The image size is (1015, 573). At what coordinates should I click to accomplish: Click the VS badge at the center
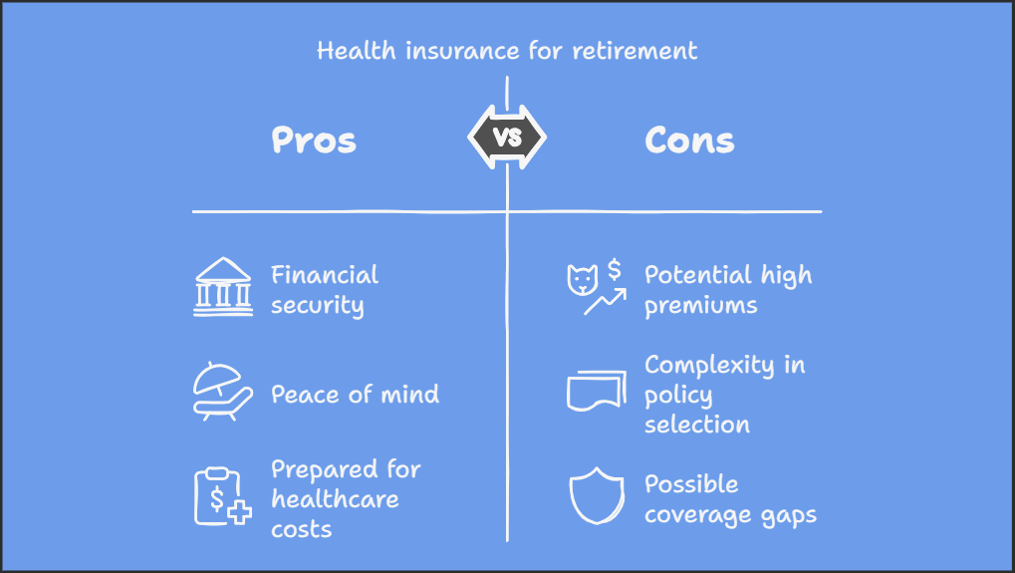click(x=507, y=138)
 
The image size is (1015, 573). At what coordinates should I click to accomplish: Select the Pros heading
click(x=314, y=140)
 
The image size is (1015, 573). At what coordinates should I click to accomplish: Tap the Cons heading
click(x=689, y=140)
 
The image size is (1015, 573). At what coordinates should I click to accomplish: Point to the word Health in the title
click(x=356, y=51)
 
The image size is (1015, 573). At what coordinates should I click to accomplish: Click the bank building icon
click(x=223, y=287)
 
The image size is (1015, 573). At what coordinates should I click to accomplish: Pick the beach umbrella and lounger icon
click(x=222, y=392)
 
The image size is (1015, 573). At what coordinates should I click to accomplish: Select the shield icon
click(x=597, y=495)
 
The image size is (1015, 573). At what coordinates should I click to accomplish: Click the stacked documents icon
click(x=597, y=391)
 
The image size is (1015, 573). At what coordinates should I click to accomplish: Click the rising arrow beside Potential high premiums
click(x=606, y=302)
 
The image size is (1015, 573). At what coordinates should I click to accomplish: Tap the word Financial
click(x=325, y=275)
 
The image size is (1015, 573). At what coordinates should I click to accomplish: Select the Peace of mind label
click(x=356, y=395)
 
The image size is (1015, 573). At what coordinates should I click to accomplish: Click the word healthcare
click(x=336, y=499)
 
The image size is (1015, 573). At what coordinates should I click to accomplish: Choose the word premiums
click(x=701, y=306)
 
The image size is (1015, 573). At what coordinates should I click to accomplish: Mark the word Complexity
click(x=709, y=366)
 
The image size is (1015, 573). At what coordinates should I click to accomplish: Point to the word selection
click(x=697, y=425)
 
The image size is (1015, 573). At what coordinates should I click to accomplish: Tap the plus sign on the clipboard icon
click(x=239, y=513)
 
